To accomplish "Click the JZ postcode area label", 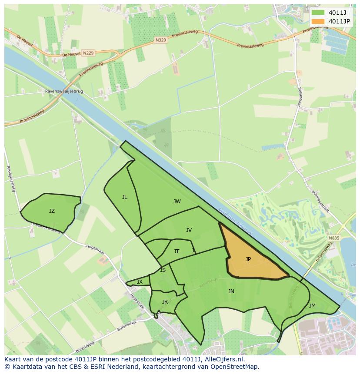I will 52,211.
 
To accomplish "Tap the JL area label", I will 125,197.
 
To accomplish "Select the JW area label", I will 177,202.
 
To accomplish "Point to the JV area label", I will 189,230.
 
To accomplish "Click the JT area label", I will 177,252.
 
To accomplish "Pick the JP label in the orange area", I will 248,259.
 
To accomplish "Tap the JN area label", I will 231,291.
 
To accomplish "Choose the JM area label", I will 312,306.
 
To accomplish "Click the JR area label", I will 165,302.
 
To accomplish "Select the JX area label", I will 140,282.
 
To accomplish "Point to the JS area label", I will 163,270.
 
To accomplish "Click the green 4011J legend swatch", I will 318,13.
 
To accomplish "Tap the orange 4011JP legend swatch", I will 318,21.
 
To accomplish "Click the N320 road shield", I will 160,40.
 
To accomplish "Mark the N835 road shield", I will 334,238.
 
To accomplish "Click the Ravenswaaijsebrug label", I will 64,92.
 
